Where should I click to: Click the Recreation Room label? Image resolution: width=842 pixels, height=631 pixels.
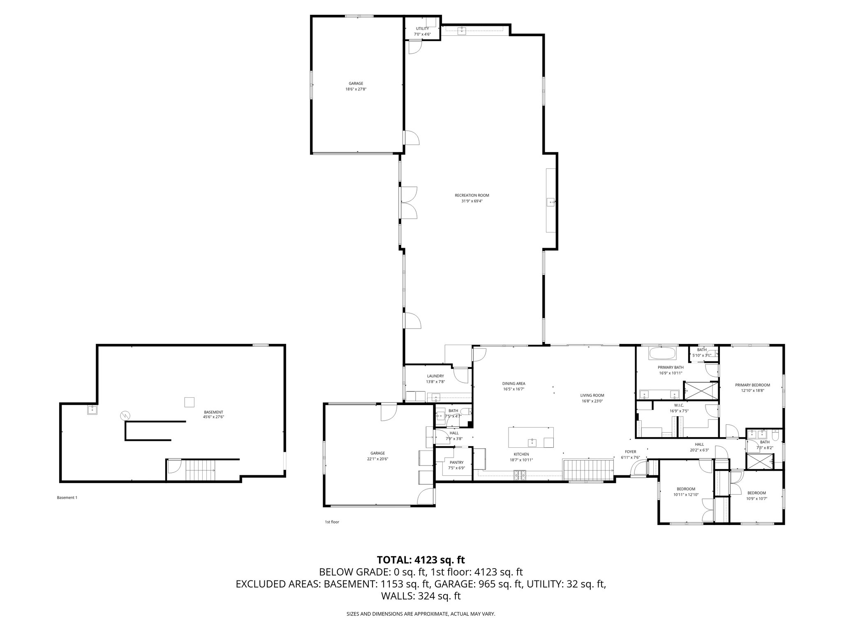pyautogui.click(x=472, y=195)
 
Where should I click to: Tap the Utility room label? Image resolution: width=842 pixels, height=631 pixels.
pyautogui.click(x=422, y=28)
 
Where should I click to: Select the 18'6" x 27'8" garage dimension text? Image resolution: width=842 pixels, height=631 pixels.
pyautogui.click(x=356, y=89)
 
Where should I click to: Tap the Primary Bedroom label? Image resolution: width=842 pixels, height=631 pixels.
pyautogui.click(x=752, y=385)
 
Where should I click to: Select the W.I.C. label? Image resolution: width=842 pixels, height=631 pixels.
pyautogui.click(x=679, y=405)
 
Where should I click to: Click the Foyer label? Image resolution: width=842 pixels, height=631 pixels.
pyautogui.click(x=630, y=452)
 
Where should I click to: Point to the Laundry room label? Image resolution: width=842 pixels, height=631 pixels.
pyautogui.click(x=435, y=376)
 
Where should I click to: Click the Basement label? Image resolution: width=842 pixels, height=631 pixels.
pyautogui.click(x=213, y=412)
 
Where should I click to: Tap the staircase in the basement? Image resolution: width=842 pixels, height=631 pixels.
pyautogui.click(x=200, y=470)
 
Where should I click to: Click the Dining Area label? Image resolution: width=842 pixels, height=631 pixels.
pyautogui.click(x=514, y=384)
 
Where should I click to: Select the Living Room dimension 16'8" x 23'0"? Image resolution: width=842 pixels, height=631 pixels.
pyautogui.click(x=592, y=401)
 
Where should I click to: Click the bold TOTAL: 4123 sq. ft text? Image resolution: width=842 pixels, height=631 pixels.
pyautogui.click(x=421, y=560)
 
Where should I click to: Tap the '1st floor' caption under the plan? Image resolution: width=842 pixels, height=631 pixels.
pyautogui.click(x=332, y=522)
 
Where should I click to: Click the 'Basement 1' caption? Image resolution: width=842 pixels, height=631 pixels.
pyautogui.click(x=67, y=497)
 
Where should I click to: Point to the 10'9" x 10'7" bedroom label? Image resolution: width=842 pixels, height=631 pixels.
pyautogui.click(x=756, y=495)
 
